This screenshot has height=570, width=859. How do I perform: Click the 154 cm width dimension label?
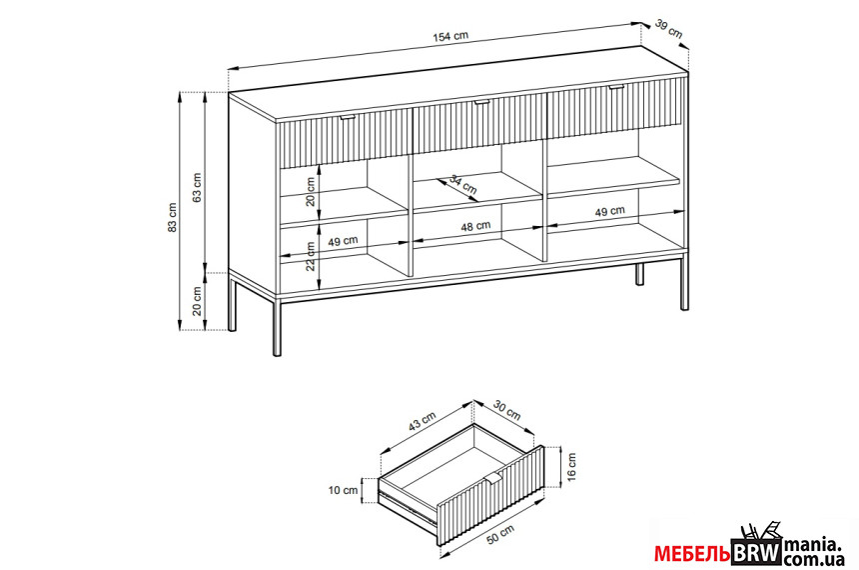(450, 36)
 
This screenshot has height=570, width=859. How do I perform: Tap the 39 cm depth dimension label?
(669, 29)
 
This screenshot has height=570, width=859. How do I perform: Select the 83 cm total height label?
(172, 217)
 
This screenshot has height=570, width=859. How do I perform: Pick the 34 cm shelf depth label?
(463, 184)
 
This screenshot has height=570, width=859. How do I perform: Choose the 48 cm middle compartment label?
(475, 226)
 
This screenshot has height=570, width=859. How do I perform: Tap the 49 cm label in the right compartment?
(609, 211)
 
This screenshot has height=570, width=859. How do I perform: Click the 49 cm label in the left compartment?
(343, 241)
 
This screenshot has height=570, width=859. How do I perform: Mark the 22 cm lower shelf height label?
(311, 256)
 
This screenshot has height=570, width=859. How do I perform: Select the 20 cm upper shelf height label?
(311, 191)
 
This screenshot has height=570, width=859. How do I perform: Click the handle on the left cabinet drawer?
(348, 117)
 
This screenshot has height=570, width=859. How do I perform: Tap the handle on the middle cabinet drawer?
(482, 101)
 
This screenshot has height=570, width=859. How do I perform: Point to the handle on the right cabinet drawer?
(616, 86)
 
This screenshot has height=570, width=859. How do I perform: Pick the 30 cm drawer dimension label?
(506, 410)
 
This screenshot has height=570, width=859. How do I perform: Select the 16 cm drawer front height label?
(571, 466)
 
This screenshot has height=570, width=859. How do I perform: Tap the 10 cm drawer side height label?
(343, 490)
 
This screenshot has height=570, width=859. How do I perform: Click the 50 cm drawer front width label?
(500, 535)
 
